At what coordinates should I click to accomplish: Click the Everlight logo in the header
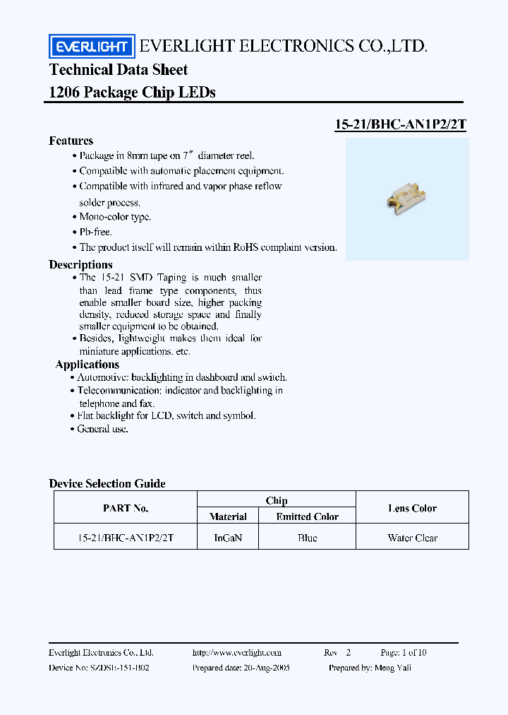(91, 47)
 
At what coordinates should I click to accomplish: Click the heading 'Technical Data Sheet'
(119, 70)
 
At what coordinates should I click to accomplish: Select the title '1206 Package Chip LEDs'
(132, 93)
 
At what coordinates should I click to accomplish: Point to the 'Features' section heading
(71, 141)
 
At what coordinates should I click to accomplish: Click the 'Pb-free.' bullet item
(95, 232)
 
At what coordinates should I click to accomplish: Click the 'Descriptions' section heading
(80, 264)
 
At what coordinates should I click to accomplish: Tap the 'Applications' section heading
(87, 365)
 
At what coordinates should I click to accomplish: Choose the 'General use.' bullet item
(102, 429)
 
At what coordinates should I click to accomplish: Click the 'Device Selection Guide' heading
(107, 484)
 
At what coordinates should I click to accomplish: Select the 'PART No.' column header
(126, 509)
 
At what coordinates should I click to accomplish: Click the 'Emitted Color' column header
(307, 517)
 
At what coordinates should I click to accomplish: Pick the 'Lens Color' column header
(412, 509)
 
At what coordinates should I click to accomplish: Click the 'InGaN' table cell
(228, 538)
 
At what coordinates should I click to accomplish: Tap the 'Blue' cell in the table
(307, 538)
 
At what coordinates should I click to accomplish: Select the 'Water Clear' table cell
(412, 538)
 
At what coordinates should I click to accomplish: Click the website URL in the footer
(236, 653)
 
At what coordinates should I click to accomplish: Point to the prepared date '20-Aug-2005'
(265, 668)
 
